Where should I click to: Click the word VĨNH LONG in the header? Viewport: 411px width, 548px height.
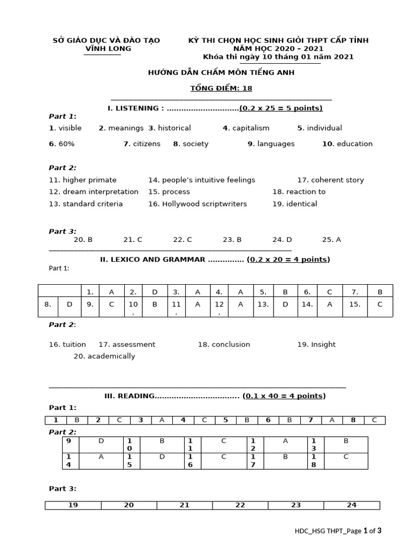[x=108, y=49]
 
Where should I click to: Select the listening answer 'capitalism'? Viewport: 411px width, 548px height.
[x=250, y=128]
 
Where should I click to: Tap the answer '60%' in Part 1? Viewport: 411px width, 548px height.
[x=66, y=144]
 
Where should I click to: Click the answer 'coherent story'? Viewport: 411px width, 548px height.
[x=337, y=180]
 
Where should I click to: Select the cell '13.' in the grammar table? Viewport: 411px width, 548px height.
[x=263, y=304]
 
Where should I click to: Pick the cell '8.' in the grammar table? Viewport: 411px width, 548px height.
[x=48, y=304]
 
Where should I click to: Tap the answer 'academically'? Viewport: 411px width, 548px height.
[x=111, y=356]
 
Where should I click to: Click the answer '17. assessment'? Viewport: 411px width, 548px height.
[x=127, y=345]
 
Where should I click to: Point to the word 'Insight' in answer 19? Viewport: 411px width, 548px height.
[x=323, y=345]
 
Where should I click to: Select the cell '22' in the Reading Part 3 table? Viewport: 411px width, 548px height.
[x=240, y=505]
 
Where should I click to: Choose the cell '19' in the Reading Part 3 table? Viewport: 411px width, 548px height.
[x=73, y=505]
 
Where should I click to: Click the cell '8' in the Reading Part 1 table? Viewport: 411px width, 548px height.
[x=353, y=420]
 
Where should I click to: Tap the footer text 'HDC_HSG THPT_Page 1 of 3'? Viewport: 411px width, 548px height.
[x=338, y=531]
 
